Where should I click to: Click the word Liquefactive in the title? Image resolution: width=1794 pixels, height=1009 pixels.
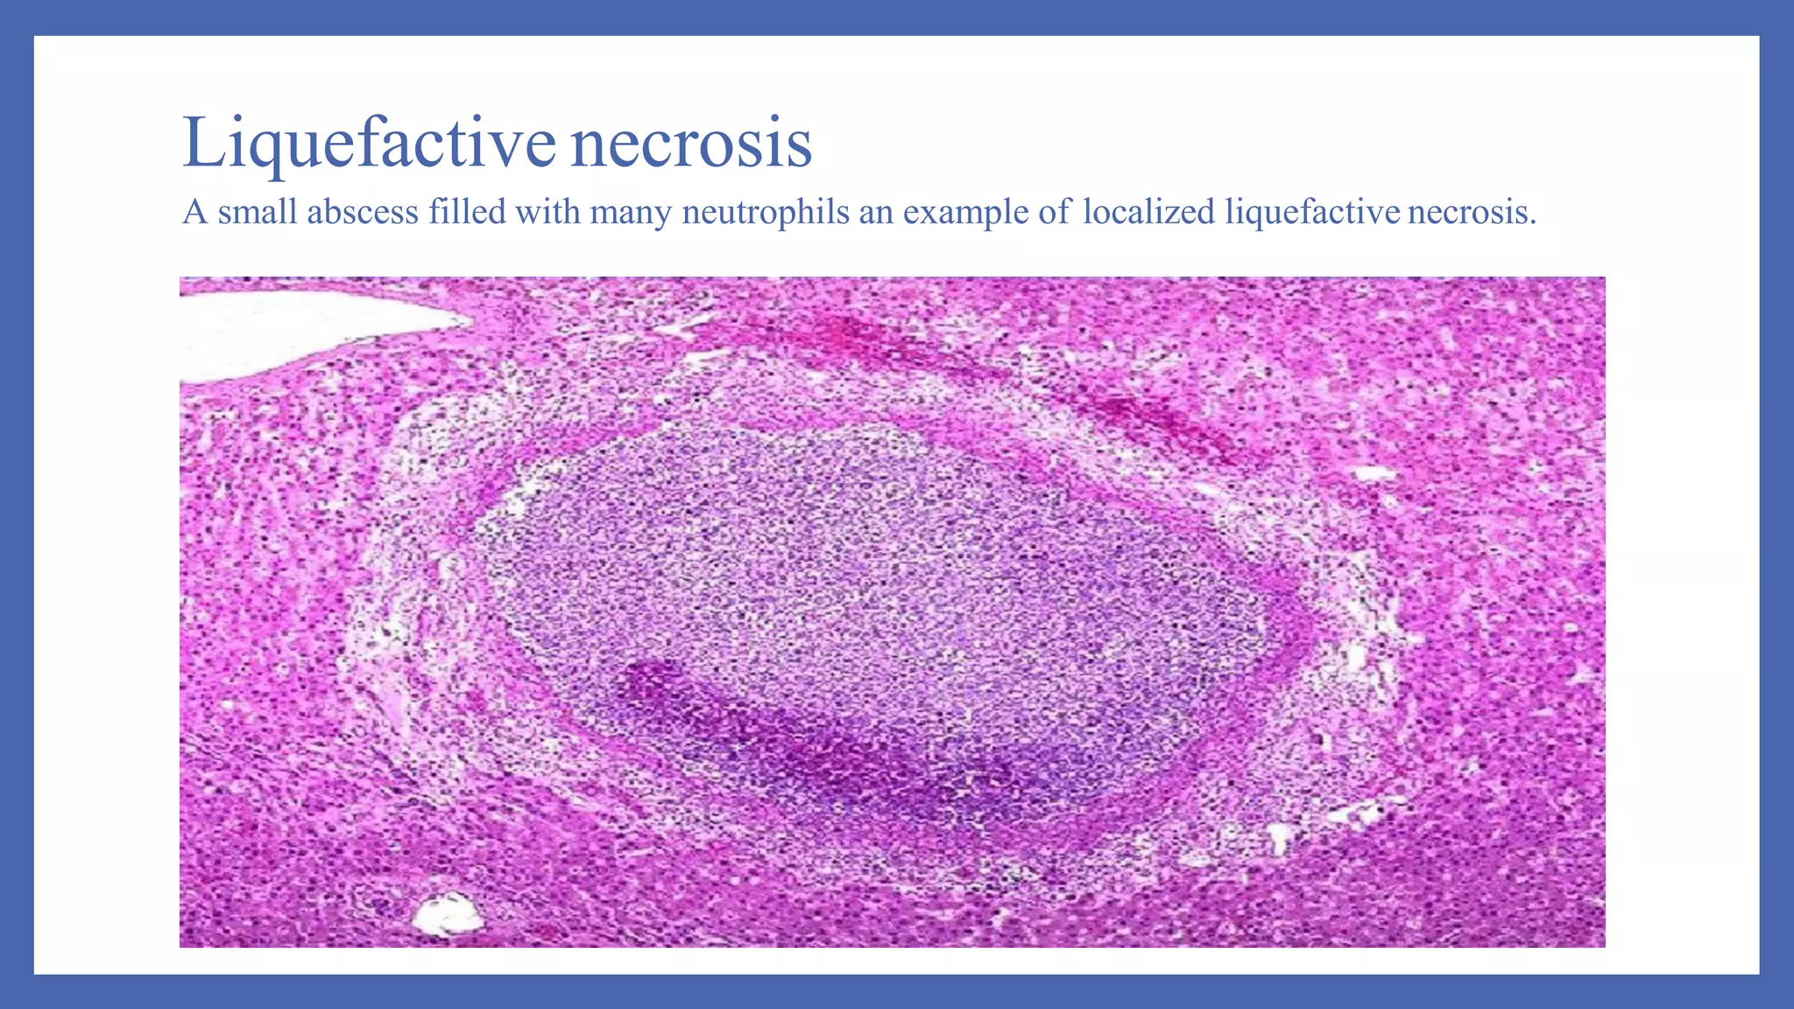369,143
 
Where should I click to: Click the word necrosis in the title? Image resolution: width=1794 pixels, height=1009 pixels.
691,143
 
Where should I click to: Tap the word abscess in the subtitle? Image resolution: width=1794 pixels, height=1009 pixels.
362,212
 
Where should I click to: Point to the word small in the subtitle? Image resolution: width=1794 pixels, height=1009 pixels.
258,212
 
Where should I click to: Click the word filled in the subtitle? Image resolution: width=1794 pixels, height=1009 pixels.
467,212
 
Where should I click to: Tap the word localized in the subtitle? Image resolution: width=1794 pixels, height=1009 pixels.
1148,212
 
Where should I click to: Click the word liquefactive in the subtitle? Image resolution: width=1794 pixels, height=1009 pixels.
1312,212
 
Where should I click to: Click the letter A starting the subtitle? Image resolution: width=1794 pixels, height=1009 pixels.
194,212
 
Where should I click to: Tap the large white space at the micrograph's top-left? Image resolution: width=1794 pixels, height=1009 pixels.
298,328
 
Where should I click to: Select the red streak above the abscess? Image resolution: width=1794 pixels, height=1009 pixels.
1007,368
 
